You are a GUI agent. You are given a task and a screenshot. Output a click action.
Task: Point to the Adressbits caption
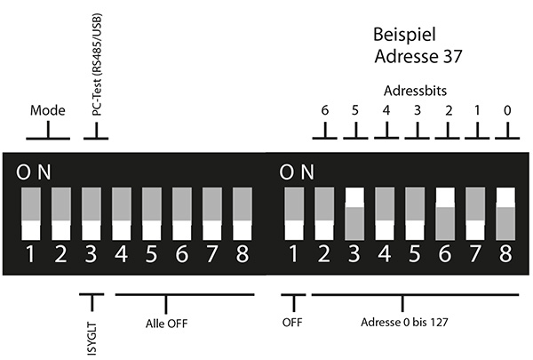415,92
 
